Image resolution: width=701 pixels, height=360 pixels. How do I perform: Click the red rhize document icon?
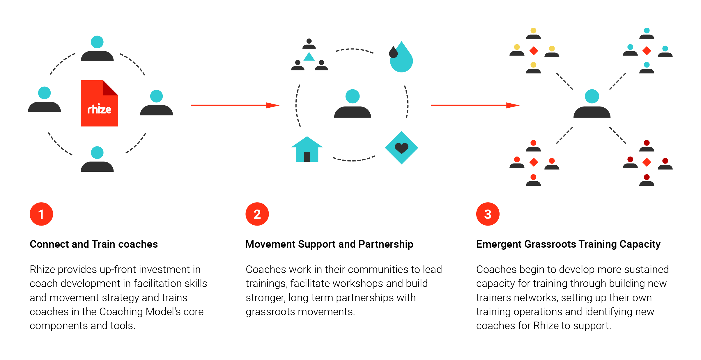(99, 104)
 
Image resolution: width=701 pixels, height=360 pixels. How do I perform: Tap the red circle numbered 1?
(41, 214)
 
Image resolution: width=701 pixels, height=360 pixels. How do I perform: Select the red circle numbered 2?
(257, 214)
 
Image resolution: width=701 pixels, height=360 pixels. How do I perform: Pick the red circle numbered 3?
(488, 214)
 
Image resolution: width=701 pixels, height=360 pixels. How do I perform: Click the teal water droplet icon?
(401, 58)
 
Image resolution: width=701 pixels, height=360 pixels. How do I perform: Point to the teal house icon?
(307, 149)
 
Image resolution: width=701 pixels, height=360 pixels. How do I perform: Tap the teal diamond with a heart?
(401, 148)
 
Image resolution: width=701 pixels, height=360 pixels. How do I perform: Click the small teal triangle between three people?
(309, 57)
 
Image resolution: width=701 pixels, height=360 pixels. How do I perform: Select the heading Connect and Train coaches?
(93, 244)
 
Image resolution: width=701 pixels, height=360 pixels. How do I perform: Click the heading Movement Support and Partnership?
(329, 244)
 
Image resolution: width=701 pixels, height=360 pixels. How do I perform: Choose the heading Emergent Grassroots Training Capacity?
(568, 244)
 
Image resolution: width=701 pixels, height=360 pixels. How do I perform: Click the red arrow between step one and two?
(235, 105)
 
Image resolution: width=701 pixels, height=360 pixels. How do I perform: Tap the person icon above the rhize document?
(97, 49)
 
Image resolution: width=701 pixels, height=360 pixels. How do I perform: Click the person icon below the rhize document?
(97, 159)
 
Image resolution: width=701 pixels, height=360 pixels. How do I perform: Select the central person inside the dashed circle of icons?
(352, 104)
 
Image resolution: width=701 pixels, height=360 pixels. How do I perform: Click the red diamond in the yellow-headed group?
(533, 51)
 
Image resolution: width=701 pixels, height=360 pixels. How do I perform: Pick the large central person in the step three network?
(592, 104)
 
